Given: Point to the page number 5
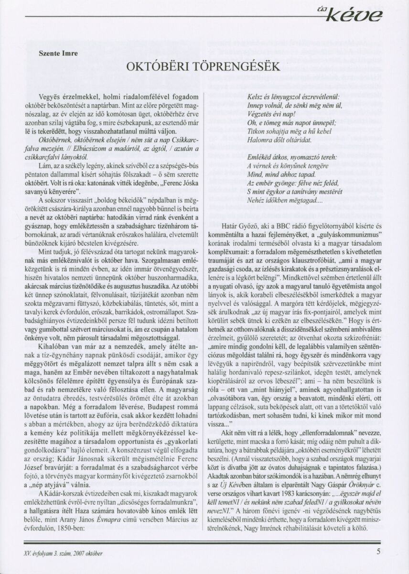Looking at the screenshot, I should point(378,551).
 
